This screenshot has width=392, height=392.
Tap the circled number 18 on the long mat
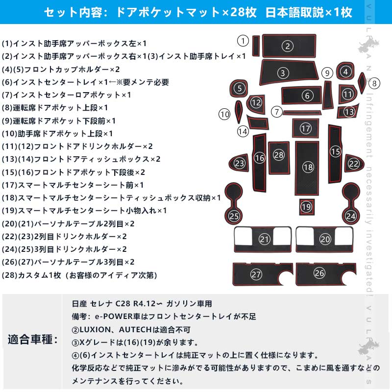(308, 168)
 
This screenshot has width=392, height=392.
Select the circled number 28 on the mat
(279, 155)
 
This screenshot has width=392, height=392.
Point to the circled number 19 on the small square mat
(306, 207)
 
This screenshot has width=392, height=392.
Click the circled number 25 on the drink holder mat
(235, 216)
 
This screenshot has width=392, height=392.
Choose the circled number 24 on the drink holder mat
(350, 216)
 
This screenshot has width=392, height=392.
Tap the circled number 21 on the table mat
(265, 239)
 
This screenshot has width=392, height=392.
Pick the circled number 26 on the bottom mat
(319, 273)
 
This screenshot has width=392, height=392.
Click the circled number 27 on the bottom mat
(256, 274)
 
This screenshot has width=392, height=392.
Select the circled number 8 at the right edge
(374, 83)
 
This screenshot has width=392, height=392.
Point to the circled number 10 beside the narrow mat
(224, 115)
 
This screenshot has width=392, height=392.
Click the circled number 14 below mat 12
(243, 131)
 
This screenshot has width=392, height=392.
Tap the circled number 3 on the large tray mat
(283, 73)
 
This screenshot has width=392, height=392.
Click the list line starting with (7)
(67, 95)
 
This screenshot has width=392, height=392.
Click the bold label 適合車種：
(32, 339)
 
